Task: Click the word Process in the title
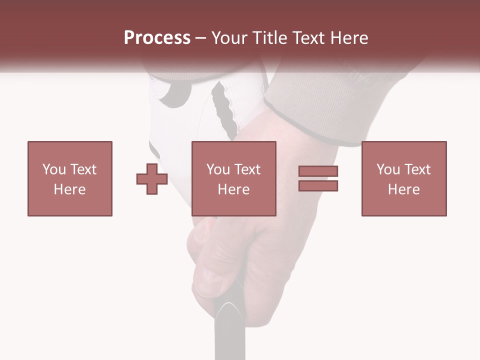(157, 38)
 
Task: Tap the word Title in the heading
(271, 38)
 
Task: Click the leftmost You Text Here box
(70, 178)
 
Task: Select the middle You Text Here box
(234, 178)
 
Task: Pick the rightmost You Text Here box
(404, 178)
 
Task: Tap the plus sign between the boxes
(152, 178)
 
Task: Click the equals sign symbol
(318, 178)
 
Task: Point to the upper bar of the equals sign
(318, 171)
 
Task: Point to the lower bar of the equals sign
(318, 185)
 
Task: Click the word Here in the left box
(70, 189)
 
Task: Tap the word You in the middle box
(217, 169)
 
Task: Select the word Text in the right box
(417, 169)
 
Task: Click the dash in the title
(200, 38)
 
